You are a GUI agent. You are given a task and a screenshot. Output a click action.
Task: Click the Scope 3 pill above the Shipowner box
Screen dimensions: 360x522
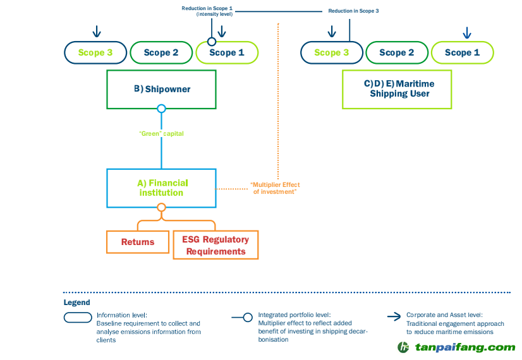95,52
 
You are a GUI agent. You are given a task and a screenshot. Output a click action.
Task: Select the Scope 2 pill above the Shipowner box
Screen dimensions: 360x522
161,52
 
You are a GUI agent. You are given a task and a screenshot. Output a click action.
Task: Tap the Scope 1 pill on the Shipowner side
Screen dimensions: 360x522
227,52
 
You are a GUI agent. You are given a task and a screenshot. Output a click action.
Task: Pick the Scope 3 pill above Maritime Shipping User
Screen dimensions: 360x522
332,52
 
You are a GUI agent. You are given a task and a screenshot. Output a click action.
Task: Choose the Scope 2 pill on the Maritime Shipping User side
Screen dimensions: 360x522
397,52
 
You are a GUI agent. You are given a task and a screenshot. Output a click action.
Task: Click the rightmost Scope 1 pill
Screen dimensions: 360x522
462,52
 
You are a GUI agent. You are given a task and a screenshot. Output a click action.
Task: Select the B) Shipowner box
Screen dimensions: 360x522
161,89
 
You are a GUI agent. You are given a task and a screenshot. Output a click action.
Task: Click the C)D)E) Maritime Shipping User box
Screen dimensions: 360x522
397,89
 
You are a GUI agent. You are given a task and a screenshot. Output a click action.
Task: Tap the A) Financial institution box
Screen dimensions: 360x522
161,188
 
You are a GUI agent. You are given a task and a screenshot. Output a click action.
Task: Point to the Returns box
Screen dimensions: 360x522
138,242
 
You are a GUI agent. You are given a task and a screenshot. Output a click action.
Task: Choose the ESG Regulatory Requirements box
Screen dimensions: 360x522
215,245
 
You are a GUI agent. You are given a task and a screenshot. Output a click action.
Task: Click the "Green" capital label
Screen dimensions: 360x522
162,133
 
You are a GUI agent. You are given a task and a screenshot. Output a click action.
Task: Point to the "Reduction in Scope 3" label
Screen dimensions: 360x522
353,11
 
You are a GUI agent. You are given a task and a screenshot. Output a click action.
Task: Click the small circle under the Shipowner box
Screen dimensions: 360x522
161,109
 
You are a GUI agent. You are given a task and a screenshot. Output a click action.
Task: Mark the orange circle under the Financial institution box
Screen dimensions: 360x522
161,207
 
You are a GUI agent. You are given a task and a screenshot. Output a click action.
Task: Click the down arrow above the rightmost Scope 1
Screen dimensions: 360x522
467,32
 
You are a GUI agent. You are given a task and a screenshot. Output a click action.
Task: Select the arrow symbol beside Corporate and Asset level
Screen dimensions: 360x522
392,317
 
